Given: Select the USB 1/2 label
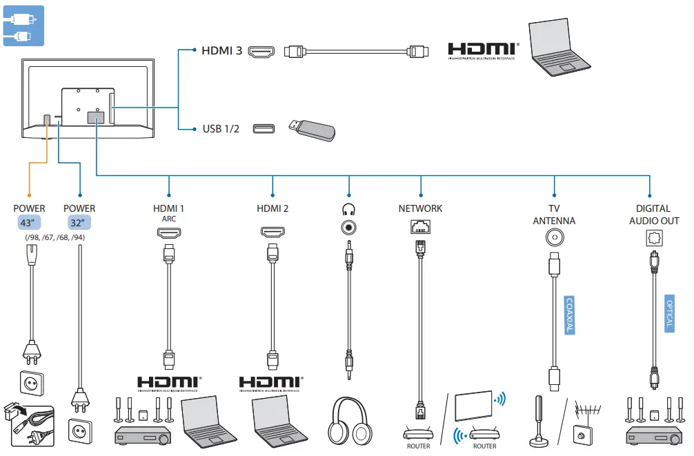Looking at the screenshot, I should click(x=221, y=129).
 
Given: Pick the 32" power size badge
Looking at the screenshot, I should click(x=79, y=223).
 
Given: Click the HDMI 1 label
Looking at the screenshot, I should click(x=169, y=208).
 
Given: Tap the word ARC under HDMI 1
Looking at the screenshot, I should click(x=169, y=219).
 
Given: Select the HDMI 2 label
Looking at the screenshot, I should click(x=272, y=208).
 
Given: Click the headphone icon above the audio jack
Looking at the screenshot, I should click(x=349, y=208).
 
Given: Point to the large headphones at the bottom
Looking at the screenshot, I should click(x=350, y=422).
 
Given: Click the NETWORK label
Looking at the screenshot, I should click(x=421, y=208).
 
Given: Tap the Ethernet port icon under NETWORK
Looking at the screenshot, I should click(x=420, y=226).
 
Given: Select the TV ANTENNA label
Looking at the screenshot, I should click(x=554, y=215).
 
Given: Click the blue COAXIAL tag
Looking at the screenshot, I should click(x=569, y=315).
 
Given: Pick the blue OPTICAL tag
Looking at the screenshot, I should click(x=669, y=314).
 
